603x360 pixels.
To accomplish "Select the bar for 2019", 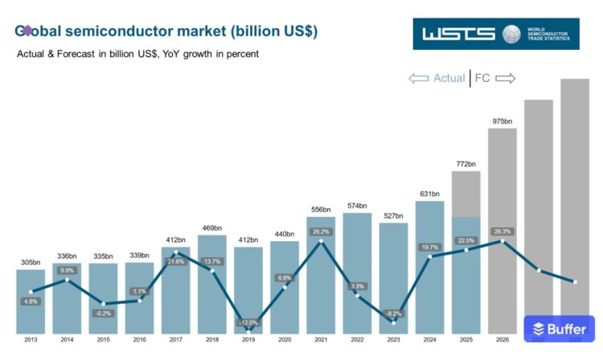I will pyautogui.click(x=248, y=289).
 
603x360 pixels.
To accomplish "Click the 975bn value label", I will pyautogui.click(x=502, y=121).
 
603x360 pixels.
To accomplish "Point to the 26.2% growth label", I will pyautogui.click(x=321, y=231).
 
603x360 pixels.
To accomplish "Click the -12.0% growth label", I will pyautogui.click(x=248, y=322).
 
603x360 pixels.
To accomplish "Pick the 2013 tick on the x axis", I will pyautogui.click(x=30, y=340).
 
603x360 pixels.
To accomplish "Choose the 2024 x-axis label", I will pyautogui.click(x=429, y=340).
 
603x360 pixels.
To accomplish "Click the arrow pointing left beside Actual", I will pyautogui.click(x=419, y=78).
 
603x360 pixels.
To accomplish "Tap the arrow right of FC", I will pyautogui.click(x=505, y=78).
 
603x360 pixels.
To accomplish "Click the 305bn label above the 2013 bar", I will pyautogui.click(x=30, y=262).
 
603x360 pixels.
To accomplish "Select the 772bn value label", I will pyautogui.click(x=466, y=164).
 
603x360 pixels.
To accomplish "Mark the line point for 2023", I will pyautogui.click(x=393, y=322).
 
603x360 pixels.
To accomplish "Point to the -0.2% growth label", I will pyautogui.click(x=102, y=313).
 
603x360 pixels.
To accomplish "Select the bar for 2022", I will pyautogui.click(x=357, y=273).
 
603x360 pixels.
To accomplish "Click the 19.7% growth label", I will pyautogui.click(x=429, y=247).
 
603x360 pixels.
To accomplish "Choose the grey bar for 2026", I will pyautogui.click(x=502, y=233).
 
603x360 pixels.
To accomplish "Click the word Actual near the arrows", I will pyautogui.click(x=449, y=78).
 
